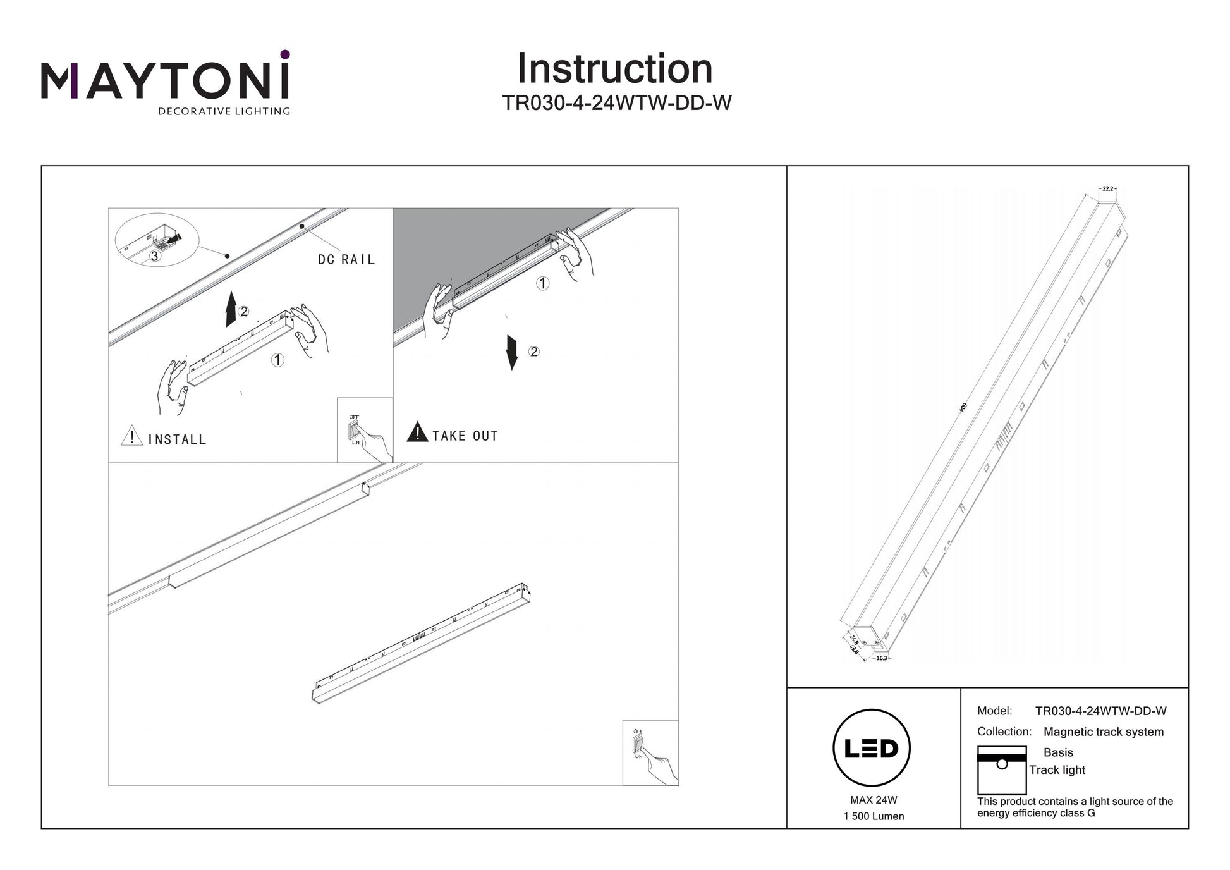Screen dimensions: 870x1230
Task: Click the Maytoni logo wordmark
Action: point(166,81)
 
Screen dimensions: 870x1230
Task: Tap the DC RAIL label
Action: point(346,259)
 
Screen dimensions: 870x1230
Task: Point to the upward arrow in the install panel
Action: point(231,309)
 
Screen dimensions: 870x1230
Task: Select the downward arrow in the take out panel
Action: point(512,353)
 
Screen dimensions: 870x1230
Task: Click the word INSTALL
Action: point(177,439)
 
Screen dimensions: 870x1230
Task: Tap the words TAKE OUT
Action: point(465,436)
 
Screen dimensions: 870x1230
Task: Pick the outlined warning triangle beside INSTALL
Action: point(131,436)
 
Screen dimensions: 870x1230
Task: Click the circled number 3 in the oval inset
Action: point(154,256)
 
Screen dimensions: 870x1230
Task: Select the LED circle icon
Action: point(872,748)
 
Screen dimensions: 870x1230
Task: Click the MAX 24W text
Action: point(874,800)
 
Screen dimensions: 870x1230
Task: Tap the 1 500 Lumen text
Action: point(874,816)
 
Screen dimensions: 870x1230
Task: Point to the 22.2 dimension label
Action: point(1107,188)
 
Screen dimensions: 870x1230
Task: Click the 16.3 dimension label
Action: point(882,658)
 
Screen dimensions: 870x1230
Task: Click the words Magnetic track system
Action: point(1103,732)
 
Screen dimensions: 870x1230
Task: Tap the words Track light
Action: point(1057,770)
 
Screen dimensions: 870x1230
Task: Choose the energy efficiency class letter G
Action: point(1091,813)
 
